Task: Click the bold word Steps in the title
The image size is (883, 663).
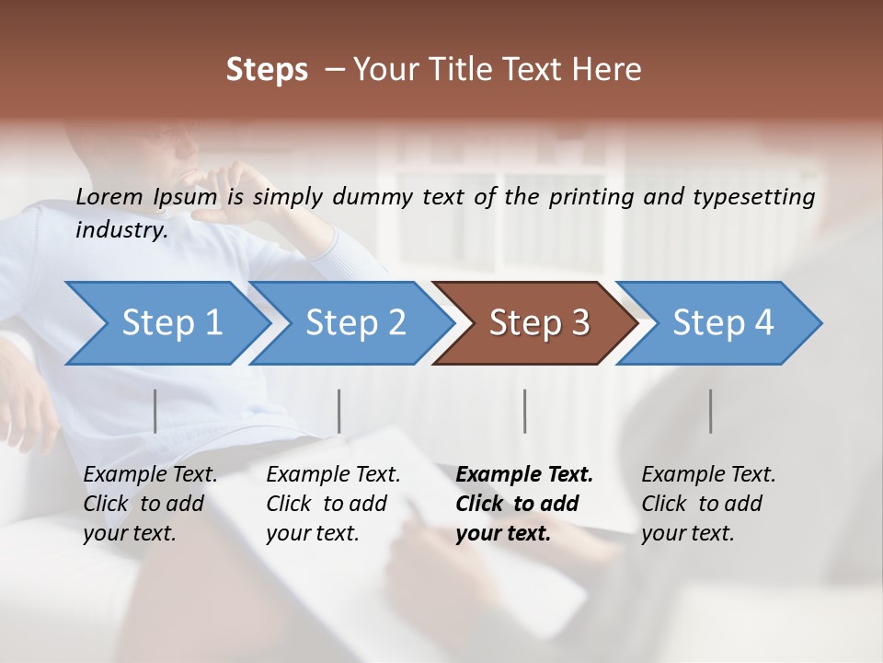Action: point(267,69)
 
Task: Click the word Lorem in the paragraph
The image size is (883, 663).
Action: point(109,196)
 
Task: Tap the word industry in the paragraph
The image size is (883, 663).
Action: point(121,229)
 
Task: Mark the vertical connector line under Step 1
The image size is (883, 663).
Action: point(155,411)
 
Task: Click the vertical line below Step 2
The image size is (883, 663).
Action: point(339,411)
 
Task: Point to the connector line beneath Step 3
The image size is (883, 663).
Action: point(524,411)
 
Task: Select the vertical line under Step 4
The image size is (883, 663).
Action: point(710,411)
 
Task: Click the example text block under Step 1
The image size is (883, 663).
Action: point(150,504)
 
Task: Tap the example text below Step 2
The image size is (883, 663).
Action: point(333,504)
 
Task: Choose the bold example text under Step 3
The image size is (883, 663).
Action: point(524,504)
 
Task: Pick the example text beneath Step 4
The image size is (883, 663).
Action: point(708,504)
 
